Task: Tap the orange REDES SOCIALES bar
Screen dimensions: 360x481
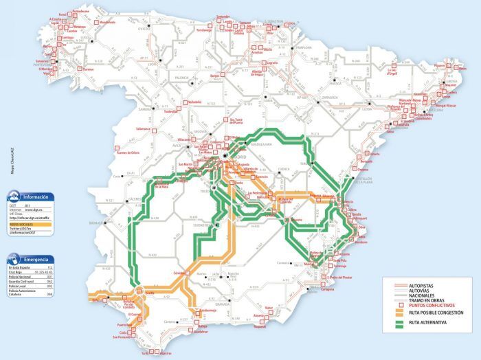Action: pos(31,224)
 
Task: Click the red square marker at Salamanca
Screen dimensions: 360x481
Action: pos(154,130)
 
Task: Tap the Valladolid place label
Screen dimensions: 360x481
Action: pos(194,102)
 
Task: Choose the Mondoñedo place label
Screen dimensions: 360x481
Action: pos(107,22)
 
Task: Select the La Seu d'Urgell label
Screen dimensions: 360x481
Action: pos(394,71)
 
